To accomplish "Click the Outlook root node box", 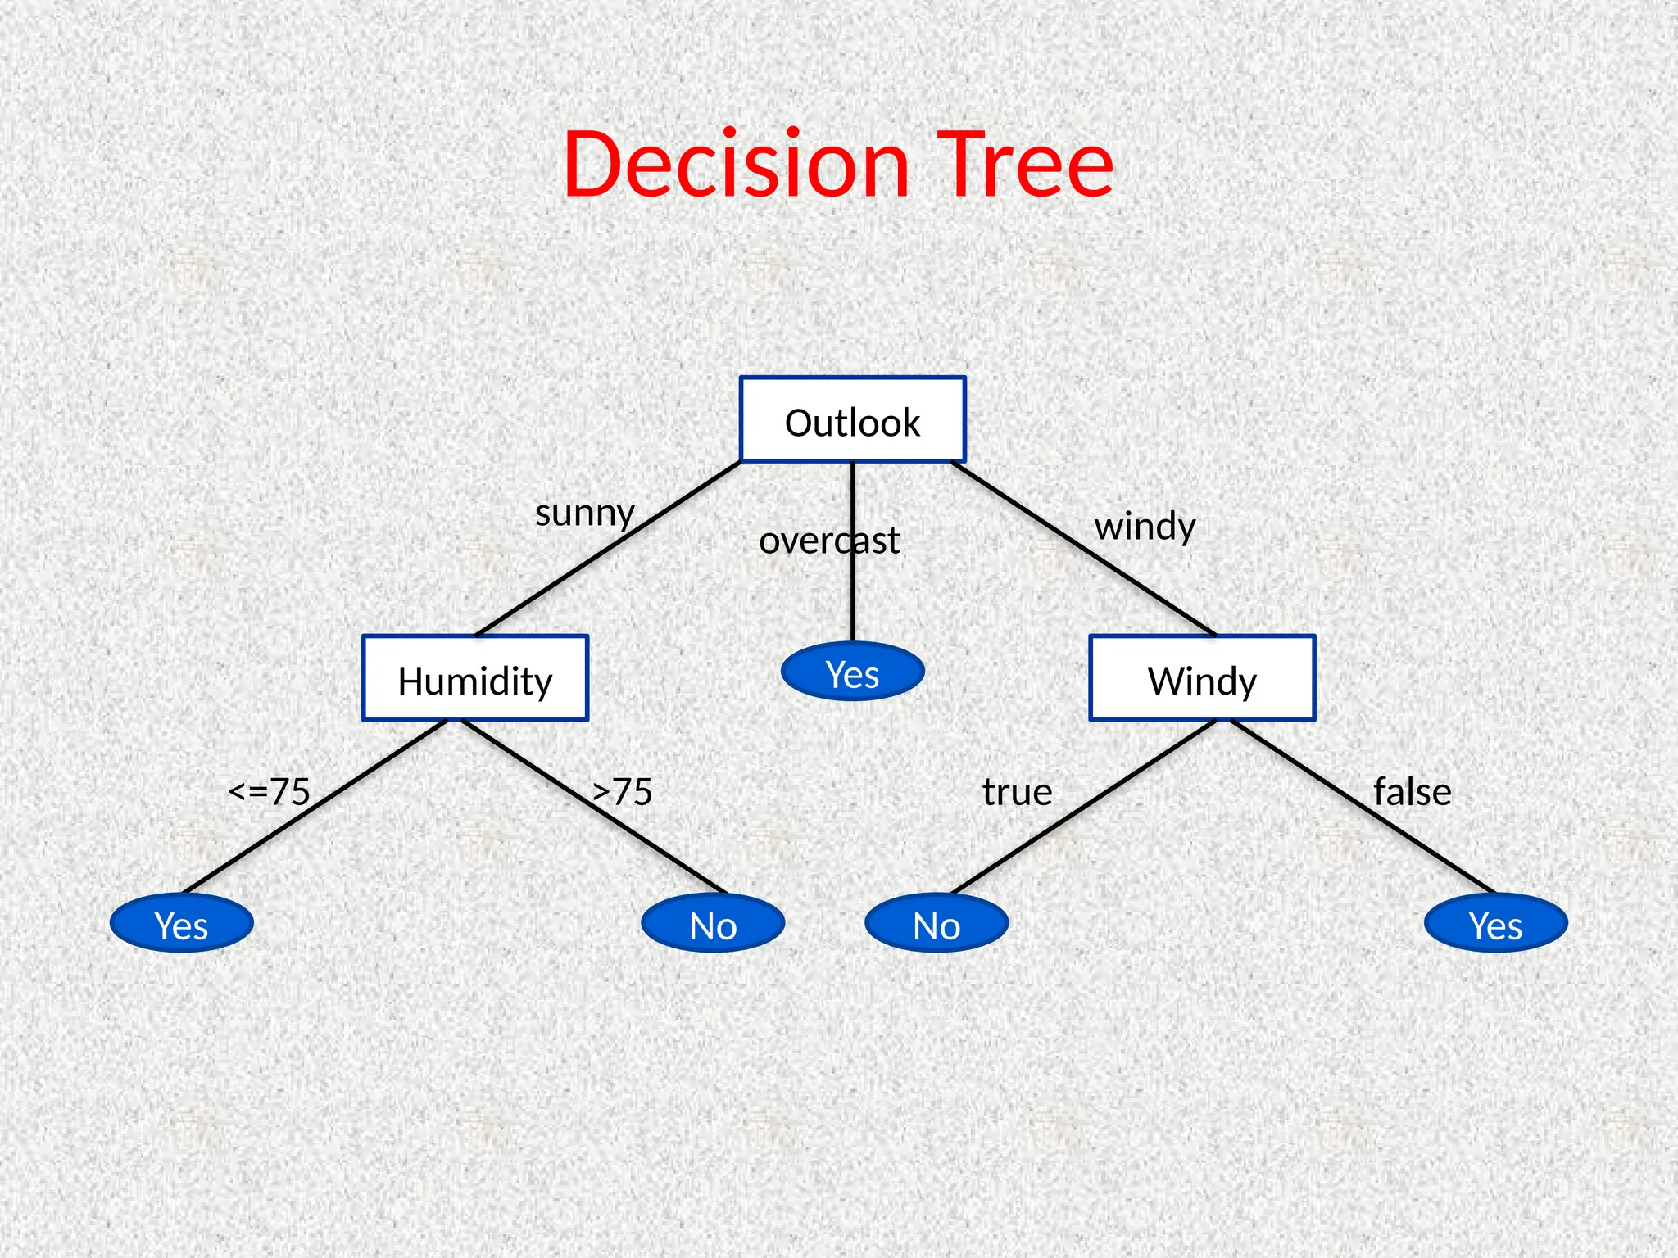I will click(x=852, y=419).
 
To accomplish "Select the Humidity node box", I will click(x=475, y=678).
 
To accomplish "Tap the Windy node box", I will click(x=1202, y=678).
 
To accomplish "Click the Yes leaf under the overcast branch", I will click(x=853, y=672).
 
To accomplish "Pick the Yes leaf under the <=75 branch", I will click(x=181, y=924).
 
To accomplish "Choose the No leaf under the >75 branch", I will click(x=713, y=924).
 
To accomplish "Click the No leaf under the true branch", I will click(x=937, y=924).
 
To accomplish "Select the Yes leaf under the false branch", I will click(x=1496, y=924).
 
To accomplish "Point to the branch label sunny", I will click(x=585, y=514).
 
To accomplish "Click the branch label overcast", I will click(x=829, y=541).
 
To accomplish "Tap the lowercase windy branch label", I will click(x=1145, y=527).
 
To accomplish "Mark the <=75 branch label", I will click(x=270, y=792).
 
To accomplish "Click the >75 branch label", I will click(x=623, y=792).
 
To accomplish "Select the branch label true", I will click(x=1017, y=792).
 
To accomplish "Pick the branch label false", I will click(x=1413, y=792).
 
